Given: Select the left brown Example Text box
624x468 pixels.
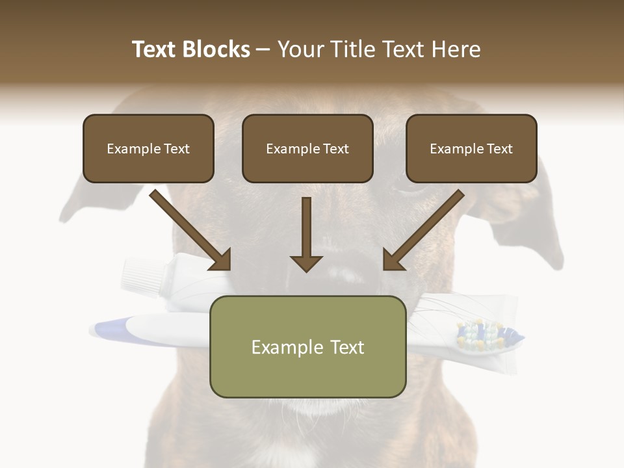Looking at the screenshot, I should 148,149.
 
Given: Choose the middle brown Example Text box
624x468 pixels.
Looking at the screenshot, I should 307,149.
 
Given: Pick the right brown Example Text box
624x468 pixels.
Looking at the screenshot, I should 471,149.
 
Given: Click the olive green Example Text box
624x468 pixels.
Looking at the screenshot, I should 307,346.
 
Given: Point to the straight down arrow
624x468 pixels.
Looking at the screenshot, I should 306,237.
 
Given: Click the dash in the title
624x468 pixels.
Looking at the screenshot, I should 263,49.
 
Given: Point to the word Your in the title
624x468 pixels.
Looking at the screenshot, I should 300,49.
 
